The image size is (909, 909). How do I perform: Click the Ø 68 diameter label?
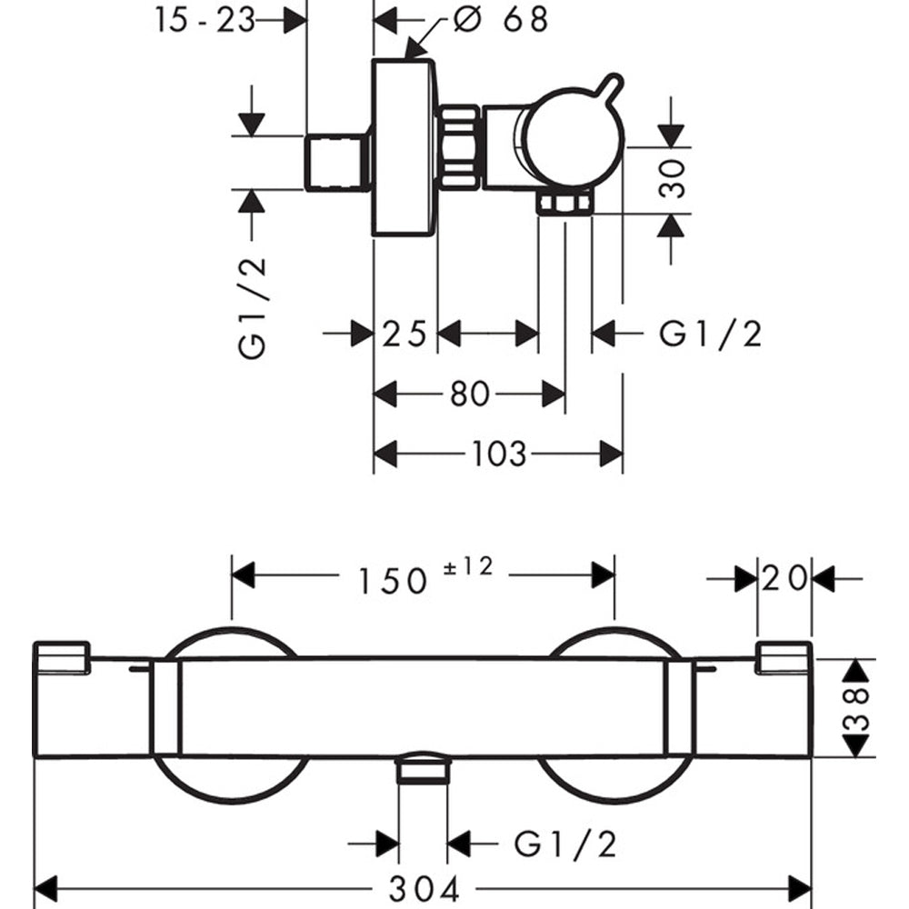click(x=501, y=20)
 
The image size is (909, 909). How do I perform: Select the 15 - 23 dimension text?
click(x=205, y=20)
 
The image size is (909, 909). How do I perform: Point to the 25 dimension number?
click(x=405, y=335)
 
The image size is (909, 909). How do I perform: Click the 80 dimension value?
click(x=470, y=395)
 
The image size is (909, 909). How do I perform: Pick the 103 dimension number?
click(x=499, y=453)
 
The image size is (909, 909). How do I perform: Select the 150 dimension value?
click(x=391, y=579)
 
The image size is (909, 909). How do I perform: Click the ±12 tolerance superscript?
click(x=467, y=566)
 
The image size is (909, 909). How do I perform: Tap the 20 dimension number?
click(x=784, y=578)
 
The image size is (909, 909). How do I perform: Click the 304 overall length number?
click(x=423, y=888)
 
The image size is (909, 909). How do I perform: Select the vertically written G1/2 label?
click(x=254, y=307)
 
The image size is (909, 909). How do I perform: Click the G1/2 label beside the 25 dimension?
click(x=710, y=335)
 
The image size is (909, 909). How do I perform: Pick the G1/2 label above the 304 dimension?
click(x=565, y=844)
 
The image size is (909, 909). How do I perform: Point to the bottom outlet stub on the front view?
click(x=423, y=769)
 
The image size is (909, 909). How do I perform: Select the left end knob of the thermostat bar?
click(x=62, y=659)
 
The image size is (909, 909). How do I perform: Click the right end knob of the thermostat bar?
click(x=784, y=658)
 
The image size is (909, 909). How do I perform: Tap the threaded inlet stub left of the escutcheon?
click(x=336, y=163)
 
